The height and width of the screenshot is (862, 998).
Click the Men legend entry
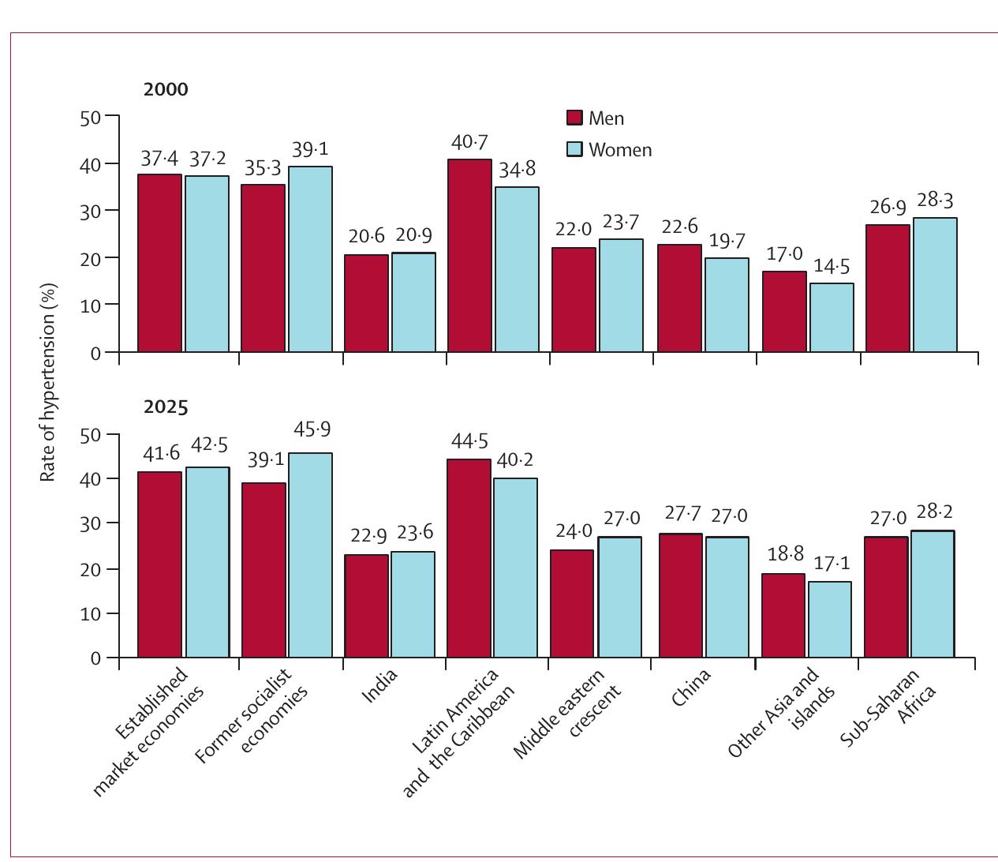click(x=596, y=118)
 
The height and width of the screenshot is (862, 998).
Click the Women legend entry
click(x=609, y=150)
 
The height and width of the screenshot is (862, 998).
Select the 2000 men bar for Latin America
click(x=469, y=256)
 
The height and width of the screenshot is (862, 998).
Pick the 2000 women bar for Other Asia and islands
click(x=832, y=317)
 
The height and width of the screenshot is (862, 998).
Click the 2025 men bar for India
click(x=367, y=605)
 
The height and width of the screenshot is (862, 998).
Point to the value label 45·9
click(x=312, y=429)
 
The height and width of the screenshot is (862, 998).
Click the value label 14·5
click(x=832, y=267)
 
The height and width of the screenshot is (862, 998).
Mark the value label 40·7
click(x=469, y=143)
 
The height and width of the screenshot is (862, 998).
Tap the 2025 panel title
click(x=166, y=407)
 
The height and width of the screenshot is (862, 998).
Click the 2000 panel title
click(x=166, y=89)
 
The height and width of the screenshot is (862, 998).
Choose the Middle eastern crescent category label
click(x=568, y=714)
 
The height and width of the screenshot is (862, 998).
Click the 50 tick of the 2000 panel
click(x=91, y=118)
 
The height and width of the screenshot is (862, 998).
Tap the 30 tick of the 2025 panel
click(x=91, y=523)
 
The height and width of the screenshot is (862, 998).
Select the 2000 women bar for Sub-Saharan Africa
click(x=935, y=284)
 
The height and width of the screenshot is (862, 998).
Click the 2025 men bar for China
click(x=681, y=595)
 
